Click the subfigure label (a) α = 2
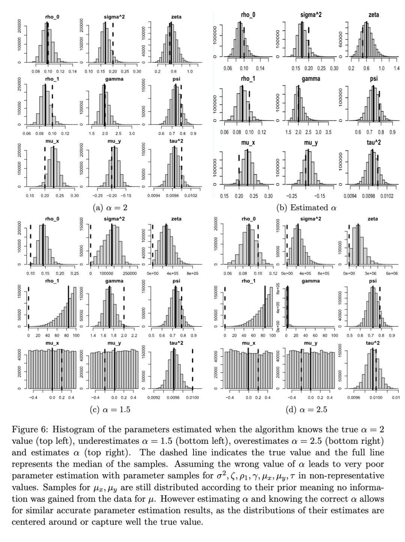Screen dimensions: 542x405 tap(110, 207)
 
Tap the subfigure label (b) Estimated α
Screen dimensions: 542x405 tap(306, 207)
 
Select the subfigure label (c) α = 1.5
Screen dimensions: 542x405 tap(110, 409)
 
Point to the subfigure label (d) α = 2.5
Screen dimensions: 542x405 tap(306, 409)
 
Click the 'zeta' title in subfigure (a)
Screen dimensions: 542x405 tap(176, 17)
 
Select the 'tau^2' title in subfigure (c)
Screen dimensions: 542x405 tap(176, 343)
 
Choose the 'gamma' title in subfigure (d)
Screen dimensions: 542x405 tap(310, 281)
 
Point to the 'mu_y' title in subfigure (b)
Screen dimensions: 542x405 tap(310, 143)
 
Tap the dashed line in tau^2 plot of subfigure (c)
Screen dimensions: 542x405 tap(192, 369)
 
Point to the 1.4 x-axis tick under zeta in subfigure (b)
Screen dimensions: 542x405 tap(396, 69)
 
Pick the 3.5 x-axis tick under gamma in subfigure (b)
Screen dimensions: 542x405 tap(328, 132)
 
